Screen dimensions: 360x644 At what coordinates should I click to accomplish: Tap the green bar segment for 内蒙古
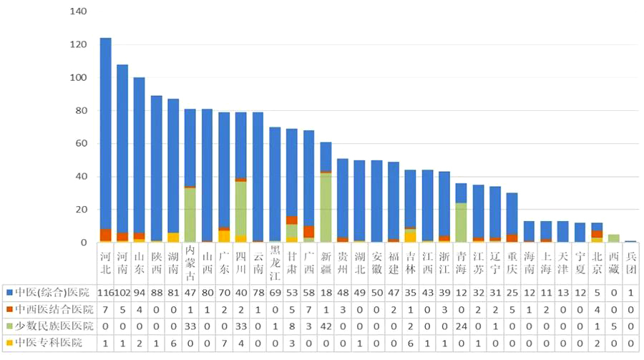point(190,215)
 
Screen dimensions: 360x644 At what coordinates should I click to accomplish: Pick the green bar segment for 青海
point(462,223)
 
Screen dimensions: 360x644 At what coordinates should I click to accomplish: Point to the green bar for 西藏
point(614,238)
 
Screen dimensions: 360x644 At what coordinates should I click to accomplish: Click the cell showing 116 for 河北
point(105,292)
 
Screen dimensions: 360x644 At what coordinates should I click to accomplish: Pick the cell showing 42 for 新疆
point(326,326)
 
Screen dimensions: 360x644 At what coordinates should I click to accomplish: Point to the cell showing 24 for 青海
point(462,326)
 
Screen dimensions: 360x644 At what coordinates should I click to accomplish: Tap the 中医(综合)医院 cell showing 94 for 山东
point(140,292)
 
